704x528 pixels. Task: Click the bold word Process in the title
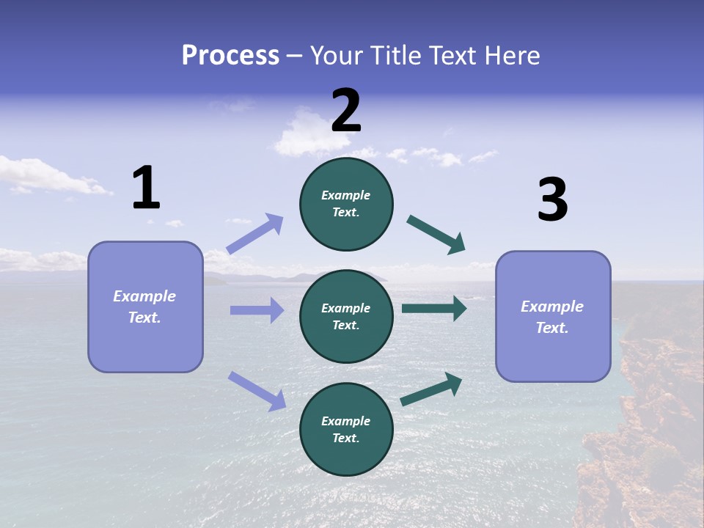point(230,56)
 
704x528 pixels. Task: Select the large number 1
point(146,188)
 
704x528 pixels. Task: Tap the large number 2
point(346,111)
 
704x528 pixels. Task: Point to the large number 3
point(552,200)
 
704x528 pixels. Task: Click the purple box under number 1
point(145,307)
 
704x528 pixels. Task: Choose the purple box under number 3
point(553,316)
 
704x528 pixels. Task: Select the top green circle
point(346,204)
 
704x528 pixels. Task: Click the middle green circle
point(346,316)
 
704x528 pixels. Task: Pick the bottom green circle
point(346,429)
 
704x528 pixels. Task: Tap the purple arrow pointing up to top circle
point(255,234)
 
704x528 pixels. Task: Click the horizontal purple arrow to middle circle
point(257,310)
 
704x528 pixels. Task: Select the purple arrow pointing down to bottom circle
point(257,391)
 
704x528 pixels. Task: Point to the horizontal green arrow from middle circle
point(434,308)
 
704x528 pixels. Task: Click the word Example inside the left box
point(144,296)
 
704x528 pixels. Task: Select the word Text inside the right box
point(552,328)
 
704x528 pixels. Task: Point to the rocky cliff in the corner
point(645,440)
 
